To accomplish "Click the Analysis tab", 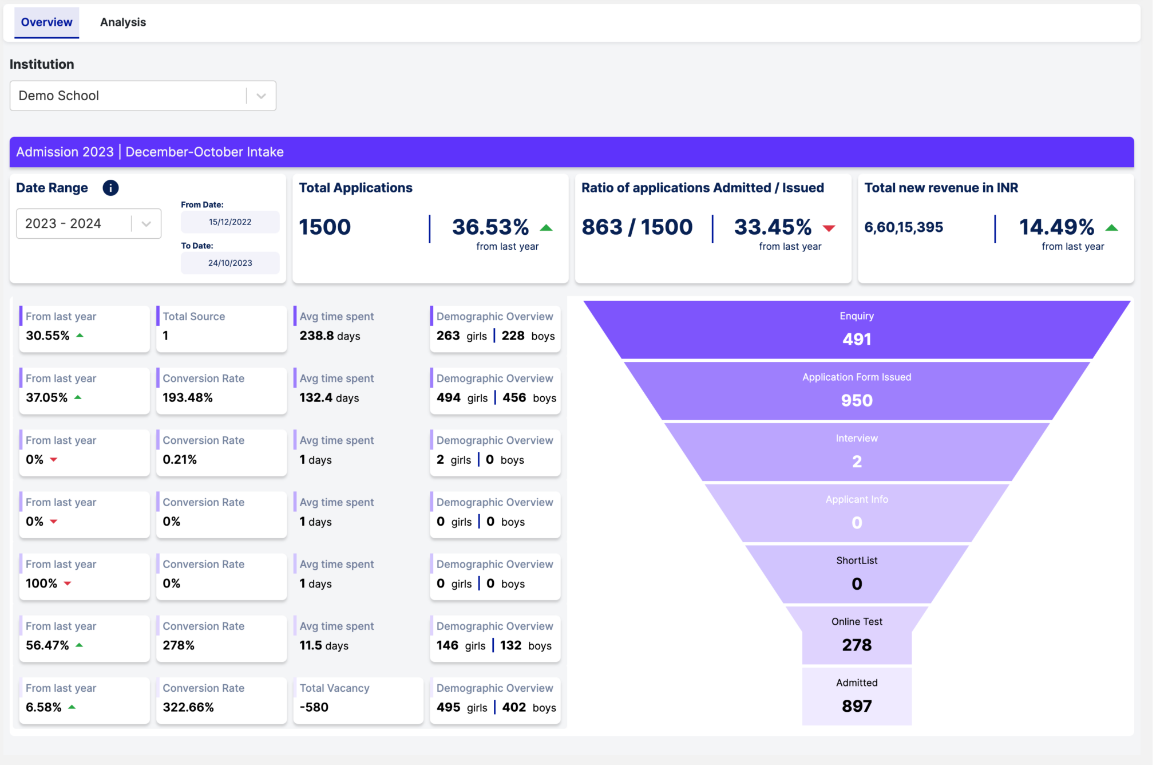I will (123, 22).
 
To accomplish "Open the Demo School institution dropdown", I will (142, 96).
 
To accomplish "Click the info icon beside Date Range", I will (110, 188).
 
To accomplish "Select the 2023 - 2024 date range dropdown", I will (88, 223).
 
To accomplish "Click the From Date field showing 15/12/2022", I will (230, 222).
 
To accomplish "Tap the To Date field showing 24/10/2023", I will (230, 263).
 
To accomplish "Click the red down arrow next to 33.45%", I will (829, 228).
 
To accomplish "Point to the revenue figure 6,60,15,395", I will (904, 227).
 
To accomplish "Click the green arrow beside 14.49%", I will (1111, 228).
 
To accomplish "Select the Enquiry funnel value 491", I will (857, 339).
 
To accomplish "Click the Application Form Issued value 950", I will (857, 400).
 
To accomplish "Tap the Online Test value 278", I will (857, 645).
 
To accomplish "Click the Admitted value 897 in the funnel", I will (857, 706).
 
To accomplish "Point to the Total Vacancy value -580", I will (314, 707).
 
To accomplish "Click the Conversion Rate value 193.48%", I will (188, 397).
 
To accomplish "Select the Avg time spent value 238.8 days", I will (330, 336).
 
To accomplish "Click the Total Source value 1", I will (165, 336).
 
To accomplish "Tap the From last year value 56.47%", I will (47, 645).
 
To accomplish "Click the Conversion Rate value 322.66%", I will (188, 707).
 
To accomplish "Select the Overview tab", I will (46, 22).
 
